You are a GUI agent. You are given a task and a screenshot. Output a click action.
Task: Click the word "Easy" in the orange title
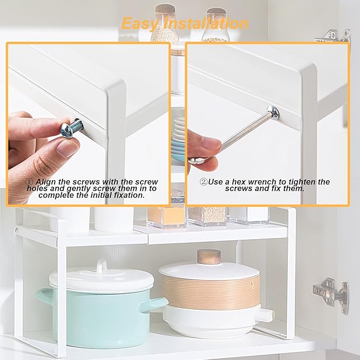coord(139,24)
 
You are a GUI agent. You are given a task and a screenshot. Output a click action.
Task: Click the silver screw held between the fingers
coord(72,128)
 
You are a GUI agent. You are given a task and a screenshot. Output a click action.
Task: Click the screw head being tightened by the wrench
coord(273,112)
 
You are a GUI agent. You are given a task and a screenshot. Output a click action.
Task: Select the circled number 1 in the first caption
coord(29,182)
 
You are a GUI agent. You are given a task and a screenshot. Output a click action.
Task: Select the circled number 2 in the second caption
coord(204,182)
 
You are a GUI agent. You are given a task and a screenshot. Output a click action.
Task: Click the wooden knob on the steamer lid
coord(209,257)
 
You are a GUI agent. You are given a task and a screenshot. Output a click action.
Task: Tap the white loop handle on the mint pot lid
coord(101,266)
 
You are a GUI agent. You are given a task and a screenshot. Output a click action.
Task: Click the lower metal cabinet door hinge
coord(331,294)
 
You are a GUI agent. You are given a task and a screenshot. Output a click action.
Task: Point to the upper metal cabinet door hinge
coord(333,36)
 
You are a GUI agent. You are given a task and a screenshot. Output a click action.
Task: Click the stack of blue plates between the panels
coord(178,140)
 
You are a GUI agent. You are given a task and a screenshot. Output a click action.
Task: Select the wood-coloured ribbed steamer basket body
coord(210,290)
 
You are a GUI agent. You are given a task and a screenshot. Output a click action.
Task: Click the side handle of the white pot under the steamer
coord(266,314)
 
